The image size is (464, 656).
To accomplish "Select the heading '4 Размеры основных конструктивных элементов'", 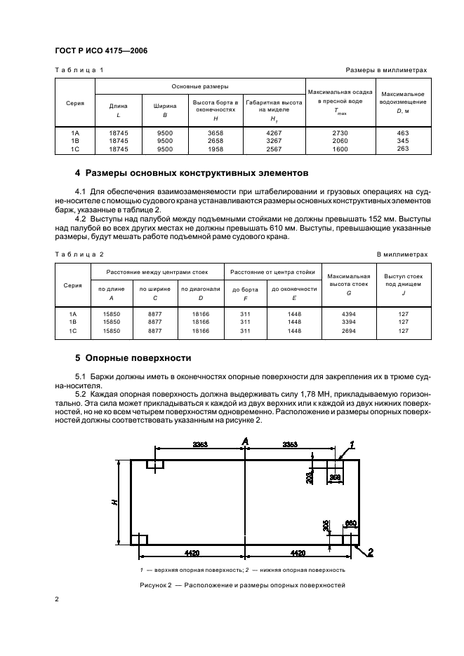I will (190, 172).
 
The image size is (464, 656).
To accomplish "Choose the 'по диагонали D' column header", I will (200, 293).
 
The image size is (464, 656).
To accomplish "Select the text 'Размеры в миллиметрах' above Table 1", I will (386, 70).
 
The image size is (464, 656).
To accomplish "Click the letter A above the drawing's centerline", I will (245, 440).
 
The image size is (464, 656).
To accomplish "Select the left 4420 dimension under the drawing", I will (187, 552).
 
